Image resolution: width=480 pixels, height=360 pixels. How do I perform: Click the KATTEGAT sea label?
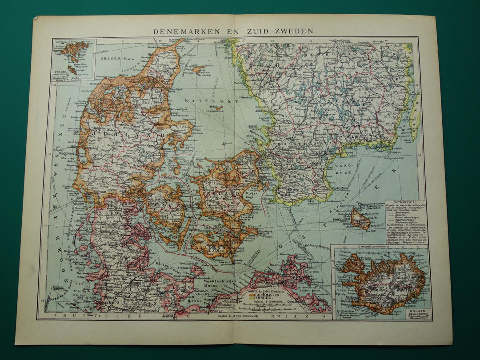[x=209, y=102]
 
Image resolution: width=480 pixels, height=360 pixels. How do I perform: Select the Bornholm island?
[x=360, y=219]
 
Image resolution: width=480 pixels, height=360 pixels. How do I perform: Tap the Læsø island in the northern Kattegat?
[x=199, y=69]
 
